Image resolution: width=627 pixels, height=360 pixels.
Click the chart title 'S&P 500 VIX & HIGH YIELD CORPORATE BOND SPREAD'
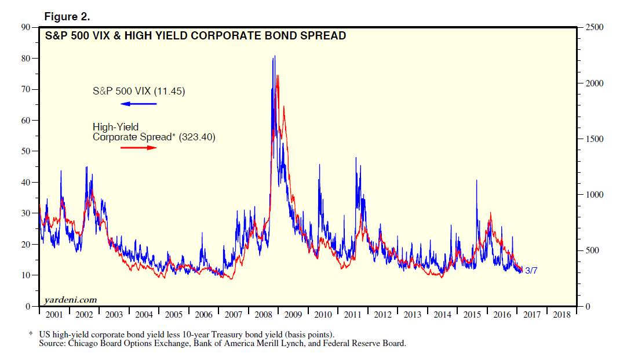[196, 36]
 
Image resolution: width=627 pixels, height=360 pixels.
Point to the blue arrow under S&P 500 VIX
[138, 104]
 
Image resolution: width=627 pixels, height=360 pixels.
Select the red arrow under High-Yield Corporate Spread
[138, 148]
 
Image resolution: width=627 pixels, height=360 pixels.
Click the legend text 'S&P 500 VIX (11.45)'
[138, 91]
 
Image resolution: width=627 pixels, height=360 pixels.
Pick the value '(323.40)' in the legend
[196, 137]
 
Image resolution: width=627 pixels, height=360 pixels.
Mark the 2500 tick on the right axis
[594, 27]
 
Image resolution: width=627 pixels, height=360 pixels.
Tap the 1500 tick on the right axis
[594, 139]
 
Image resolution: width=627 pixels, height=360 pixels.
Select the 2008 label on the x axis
[264, 315]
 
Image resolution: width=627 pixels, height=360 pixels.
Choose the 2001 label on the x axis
[54, 315]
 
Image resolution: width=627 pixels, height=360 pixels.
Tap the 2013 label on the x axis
[413, 315]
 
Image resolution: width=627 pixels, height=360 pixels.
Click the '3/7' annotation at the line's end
[531, 271]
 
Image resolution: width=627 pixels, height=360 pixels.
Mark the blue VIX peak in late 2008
[274, 56]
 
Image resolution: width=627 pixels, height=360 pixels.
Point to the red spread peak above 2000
[278, 75]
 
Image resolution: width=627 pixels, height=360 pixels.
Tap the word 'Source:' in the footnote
[52, 343]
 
